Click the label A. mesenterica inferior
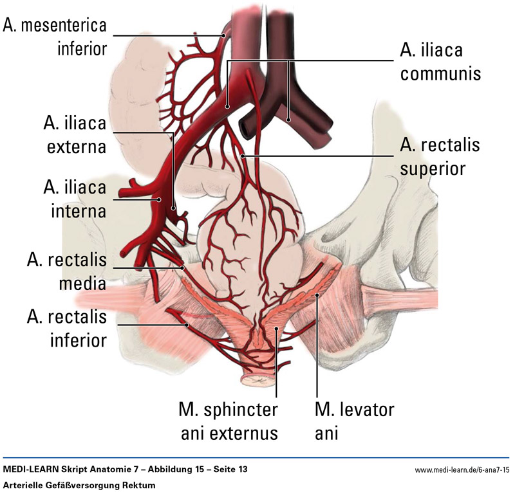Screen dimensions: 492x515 pos(54,37)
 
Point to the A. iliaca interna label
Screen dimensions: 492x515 pos(75,197)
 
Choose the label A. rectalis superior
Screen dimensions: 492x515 pos(440,157)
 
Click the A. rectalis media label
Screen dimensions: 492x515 pos(67,270)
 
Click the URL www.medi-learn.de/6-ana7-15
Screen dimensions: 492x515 pos(462,470)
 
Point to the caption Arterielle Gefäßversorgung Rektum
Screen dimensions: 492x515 pos(80,483)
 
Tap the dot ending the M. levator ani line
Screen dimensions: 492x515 pos(317,296)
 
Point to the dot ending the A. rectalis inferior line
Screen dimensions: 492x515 pos(188,326)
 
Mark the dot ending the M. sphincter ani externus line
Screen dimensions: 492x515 pos(276,330)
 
